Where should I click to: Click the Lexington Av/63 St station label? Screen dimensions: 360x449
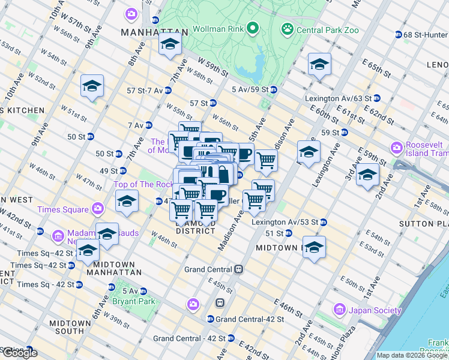point(338,98)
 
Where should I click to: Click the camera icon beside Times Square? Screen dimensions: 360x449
point(97,209)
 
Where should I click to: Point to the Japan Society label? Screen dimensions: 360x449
point(375,310)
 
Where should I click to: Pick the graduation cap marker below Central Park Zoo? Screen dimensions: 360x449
point(319,64)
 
